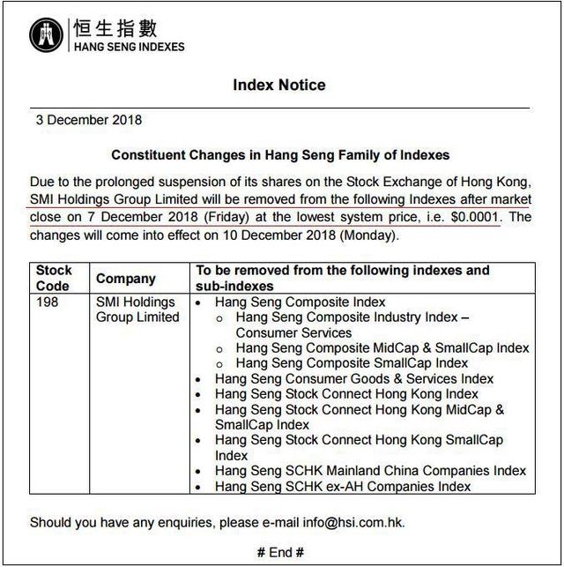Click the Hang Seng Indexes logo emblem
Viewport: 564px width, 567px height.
(x=47, y=34)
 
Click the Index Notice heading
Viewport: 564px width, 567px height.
(x=279, y=86)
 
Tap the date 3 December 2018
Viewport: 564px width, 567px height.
(x=88, y=120)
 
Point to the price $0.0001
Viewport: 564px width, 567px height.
(x=474, y=216)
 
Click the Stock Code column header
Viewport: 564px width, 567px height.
(x=55, y=278)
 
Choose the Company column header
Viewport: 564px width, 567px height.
(x=125, y=279)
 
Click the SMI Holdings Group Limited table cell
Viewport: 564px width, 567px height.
(x=137, y=310)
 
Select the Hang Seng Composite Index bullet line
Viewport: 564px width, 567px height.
(x=300, y=302)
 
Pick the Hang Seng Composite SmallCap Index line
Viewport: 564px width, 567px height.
(x=352, y=362)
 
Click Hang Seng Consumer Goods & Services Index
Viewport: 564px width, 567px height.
(x=354, y=379)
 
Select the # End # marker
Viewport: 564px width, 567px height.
(x=280, y=553)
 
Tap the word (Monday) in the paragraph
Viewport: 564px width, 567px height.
(x=364, y=235)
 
